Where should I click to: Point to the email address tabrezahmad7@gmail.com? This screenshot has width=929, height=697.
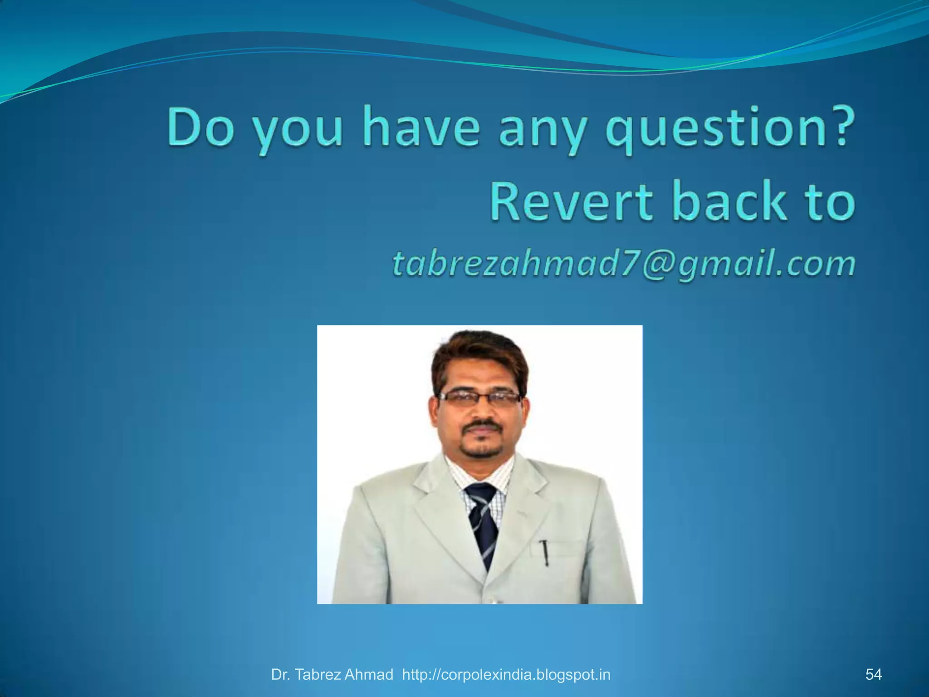tap(624, 264)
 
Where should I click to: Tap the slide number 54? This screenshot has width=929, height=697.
tap(873, 674)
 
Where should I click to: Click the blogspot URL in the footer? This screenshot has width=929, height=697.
tap(506, 675)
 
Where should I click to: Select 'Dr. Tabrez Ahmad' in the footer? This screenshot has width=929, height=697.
tap(332, 675)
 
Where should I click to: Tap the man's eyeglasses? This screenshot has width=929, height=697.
tap(480, 398)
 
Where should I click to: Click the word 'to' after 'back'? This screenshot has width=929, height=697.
tap(831, 202)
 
